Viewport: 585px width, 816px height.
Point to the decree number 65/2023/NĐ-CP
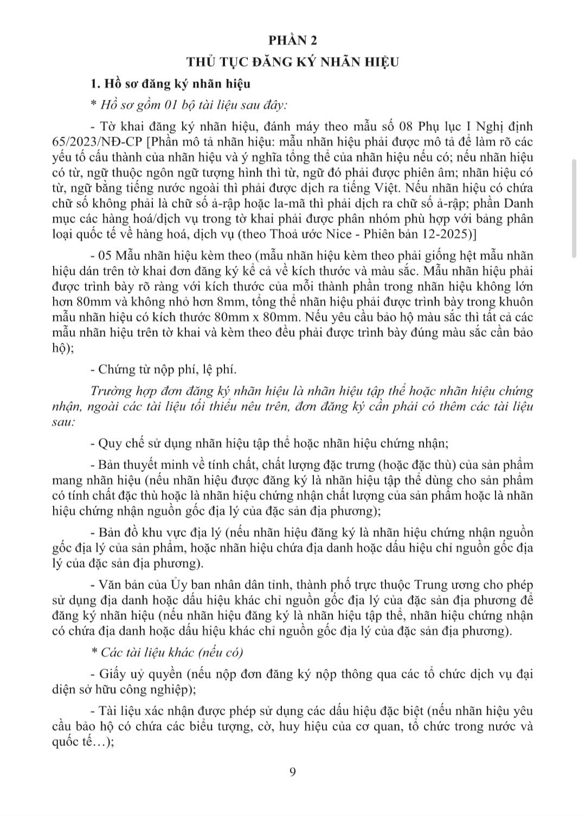pos(98,142)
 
